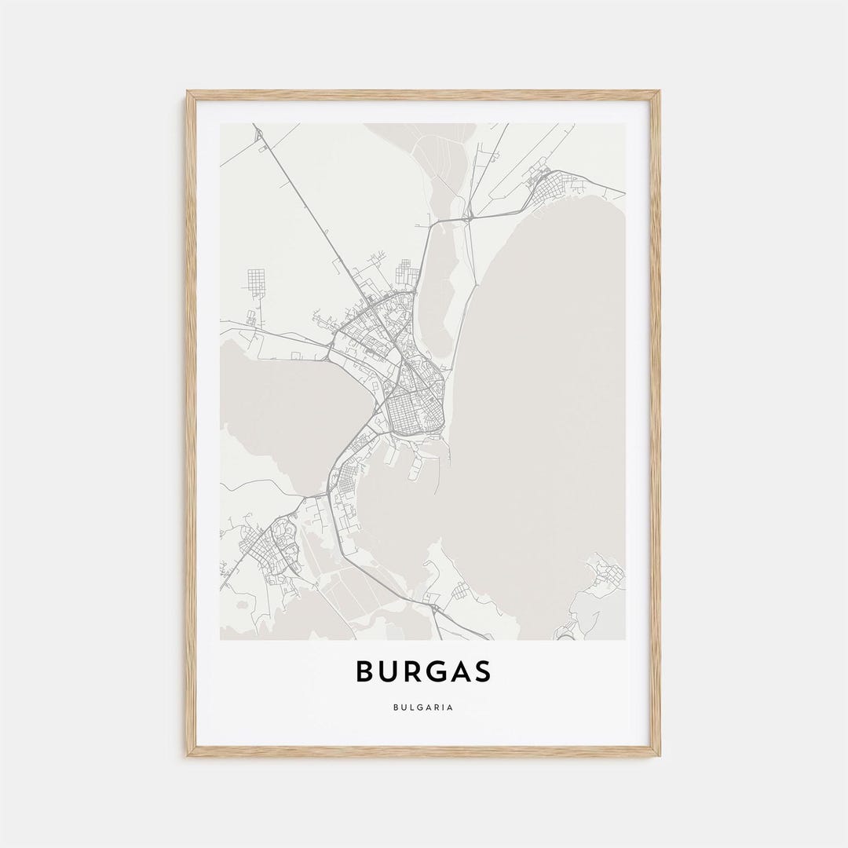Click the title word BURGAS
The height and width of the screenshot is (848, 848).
pos(423,671)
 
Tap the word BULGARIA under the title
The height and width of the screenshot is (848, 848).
pos(423,707)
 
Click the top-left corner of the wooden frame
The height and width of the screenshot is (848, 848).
pos(188,93)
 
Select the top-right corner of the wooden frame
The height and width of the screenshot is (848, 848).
pos(658,93)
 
